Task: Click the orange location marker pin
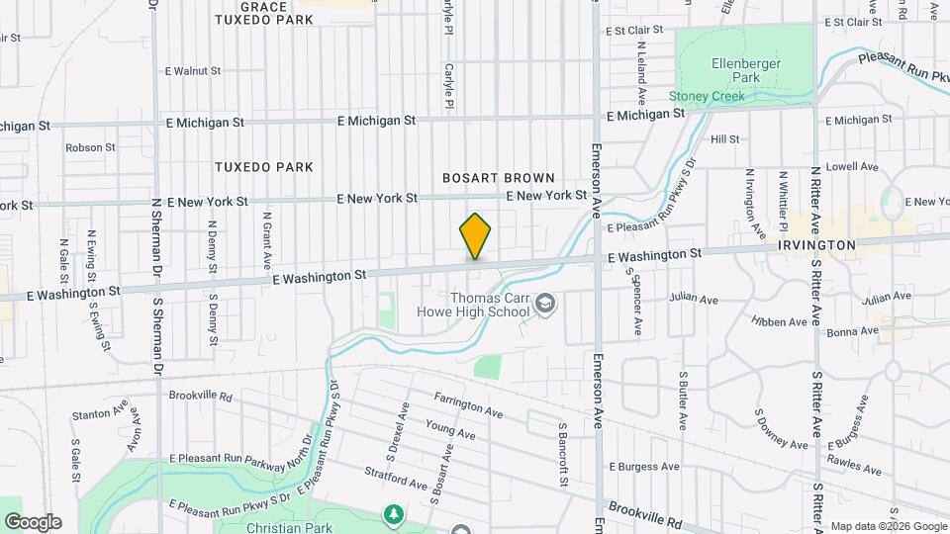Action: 475,236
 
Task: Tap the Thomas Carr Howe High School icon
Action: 544,306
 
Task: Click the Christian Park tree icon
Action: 394,514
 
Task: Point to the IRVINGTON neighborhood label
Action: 816,244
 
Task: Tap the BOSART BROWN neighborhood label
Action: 498,178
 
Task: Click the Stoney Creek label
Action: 707,96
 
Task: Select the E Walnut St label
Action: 194,71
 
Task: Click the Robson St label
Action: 91,147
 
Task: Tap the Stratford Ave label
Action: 396,480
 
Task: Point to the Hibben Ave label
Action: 779,322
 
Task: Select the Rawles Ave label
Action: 854,466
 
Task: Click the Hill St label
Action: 724,139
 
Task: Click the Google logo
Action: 33,522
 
